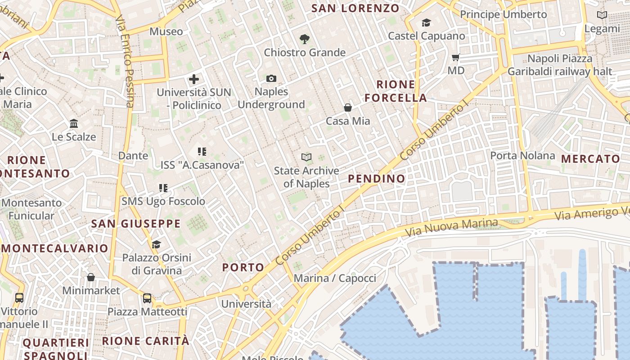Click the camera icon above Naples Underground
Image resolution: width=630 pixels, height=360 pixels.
coord(271,79)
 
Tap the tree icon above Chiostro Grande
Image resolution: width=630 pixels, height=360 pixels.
coord(305,39)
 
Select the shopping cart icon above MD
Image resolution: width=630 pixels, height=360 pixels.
coord(456,57)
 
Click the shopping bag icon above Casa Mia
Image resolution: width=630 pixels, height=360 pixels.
coord(348,108)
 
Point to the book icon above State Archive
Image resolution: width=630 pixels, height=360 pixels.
coord(306,157)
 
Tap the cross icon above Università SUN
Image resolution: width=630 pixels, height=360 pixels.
coord(194,79)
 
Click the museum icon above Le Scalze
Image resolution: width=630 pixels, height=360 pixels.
coord(74,123)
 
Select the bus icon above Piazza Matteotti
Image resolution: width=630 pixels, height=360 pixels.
coord(147,298)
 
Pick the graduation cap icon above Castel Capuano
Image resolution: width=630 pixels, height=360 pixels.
coord(426,22)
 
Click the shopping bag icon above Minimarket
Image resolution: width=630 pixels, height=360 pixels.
coord(91,277)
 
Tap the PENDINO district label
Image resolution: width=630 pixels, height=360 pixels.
coord(377,179)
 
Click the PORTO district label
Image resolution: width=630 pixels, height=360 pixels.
coord(243,267)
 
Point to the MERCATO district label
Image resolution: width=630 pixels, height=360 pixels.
coord(591,159)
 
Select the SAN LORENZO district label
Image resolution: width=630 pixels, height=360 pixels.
coord(355,8)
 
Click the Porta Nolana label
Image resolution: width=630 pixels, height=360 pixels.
coord(522,156)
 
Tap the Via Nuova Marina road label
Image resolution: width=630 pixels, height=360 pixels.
coord(451,228)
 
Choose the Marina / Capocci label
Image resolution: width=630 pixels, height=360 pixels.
coord(335,278)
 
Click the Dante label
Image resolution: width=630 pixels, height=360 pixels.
coord(133,156)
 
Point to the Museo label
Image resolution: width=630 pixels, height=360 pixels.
coord(166,31)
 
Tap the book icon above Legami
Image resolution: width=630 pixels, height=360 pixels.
coord(602,15)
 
